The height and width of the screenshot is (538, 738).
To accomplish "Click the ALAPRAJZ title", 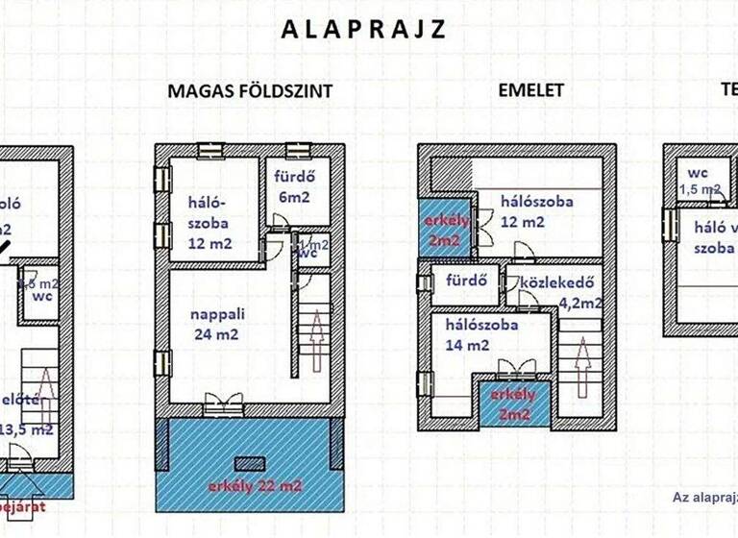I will point(363,29).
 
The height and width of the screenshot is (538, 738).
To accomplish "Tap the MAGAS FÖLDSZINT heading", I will point(250,92).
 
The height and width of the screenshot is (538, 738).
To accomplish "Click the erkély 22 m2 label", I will point(255,486).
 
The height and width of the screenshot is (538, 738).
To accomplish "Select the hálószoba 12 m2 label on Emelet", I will point(535,211).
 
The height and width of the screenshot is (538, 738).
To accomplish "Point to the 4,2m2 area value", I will point(580,304).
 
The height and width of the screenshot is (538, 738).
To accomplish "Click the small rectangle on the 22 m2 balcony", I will point(250,463).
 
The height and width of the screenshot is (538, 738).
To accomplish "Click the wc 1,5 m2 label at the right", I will point(699,182).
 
